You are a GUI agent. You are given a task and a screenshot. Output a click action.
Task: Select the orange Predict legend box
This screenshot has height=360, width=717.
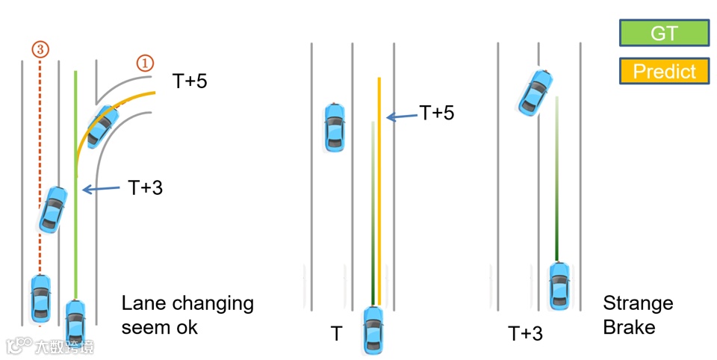click(663, 72)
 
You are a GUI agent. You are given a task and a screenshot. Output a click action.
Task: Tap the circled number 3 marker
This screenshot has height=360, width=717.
click(40, 49)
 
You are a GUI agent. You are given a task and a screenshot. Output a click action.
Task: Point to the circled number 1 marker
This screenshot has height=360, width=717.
click(144, 63)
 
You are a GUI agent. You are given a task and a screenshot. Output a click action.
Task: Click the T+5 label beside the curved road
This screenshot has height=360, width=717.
click(190, 81)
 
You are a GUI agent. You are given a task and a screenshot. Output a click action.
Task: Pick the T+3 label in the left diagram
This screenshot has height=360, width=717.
click(145, 187)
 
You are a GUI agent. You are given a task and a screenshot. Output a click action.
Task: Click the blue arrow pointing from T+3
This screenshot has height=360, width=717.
click(101, 190)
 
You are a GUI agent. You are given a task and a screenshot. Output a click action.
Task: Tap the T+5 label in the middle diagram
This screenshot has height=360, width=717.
click(436, 113)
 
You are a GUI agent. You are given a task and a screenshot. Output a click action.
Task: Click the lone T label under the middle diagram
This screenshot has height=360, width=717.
click(337, 333)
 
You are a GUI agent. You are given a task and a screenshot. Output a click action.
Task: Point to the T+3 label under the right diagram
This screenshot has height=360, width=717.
click(525, 333)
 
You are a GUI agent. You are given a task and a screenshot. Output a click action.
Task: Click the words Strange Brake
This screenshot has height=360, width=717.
click(637, 315)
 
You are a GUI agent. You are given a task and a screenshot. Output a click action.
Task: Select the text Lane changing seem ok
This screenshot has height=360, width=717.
click(187, 315)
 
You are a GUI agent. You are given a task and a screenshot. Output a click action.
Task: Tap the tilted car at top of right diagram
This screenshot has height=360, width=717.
click(536, 90)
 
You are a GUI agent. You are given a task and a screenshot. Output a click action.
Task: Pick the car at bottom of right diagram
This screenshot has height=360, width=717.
click(558, 285)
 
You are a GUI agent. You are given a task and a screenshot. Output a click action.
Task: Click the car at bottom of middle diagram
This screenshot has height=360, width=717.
click(373, 330)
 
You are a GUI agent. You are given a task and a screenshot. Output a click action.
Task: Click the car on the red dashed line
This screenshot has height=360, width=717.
click(40, 297)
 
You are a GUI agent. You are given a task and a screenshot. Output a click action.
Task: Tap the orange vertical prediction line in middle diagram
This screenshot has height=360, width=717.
click(379, 187)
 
